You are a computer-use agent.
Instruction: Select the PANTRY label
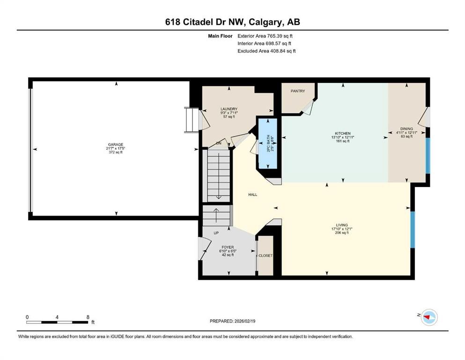point(298,91)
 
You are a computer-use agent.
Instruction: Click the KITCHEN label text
point(343,133)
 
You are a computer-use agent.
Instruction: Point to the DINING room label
point(406,129)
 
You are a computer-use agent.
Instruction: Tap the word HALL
point(252,195)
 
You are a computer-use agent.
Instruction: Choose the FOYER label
point(228,247)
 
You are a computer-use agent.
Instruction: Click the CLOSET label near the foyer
point(266,255)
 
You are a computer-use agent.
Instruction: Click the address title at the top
point(232,22)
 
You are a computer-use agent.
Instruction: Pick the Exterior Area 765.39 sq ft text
point(266,36)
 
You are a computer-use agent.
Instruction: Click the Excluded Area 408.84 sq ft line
point(266,51)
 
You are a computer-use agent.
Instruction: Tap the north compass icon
point(428,318)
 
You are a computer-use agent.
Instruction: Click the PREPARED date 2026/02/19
point(232,321)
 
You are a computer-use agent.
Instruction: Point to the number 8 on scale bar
point(88,317)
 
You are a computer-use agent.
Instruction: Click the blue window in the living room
point(413,229)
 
